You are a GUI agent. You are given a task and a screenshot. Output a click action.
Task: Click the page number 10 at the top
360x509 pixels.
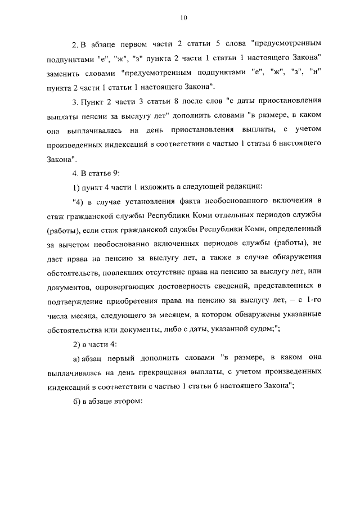click(x=183, y=19)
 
